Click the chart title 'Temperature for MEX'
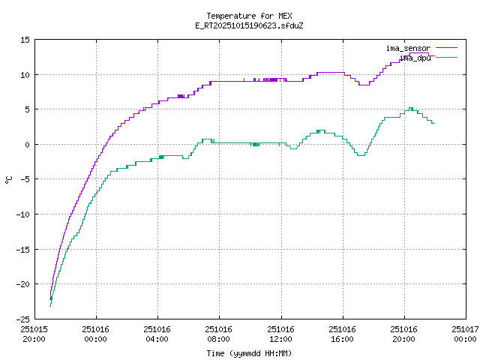coord(249,16)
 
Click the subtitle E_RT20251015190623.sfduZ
coord(249,25)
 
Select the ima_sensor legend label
coord(408,48)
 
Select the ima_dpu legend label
coord(415,57)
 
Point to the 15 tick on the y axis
coord(25,40)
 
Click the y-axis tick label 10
coord(25,75)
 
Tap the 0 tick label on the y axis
coord(27,145)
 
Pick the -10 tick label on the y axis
coord(22,214)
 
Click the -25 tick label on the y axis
coord(22,319)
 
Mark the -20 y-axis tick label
coord(22,284)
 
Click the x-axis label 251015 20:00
coord(34,333)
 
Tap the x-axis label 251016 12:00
coord(280,333)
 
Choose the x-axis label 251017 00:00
coord(465,333)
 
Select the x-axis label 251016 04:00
coord(157,333)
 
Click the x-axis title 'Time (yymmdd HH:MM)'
coord(249,353)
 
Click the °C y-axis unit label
coord(9,179)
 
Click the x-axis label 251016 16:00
coord(342,333)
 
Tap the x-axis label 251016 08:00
coord(219,333)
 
